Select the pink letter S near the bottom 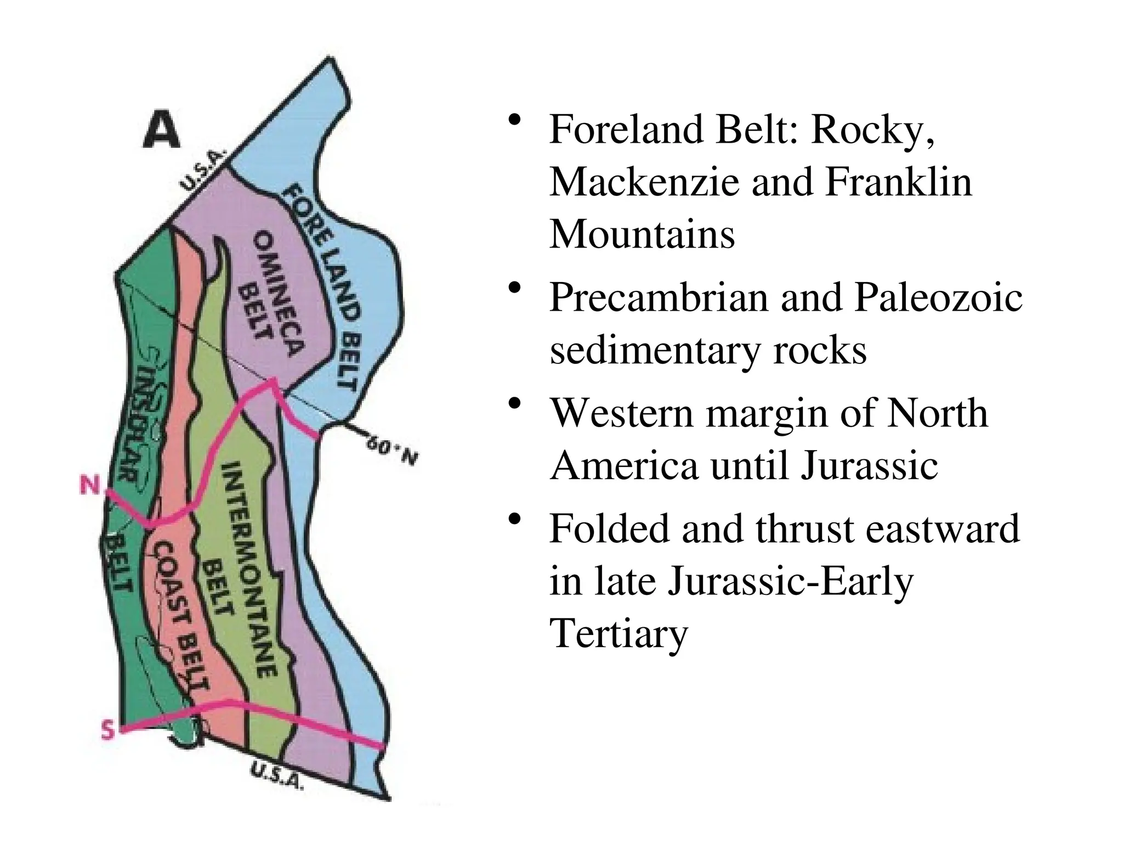(x=109, y=730)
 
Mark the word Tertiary (x=619, y=635)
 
